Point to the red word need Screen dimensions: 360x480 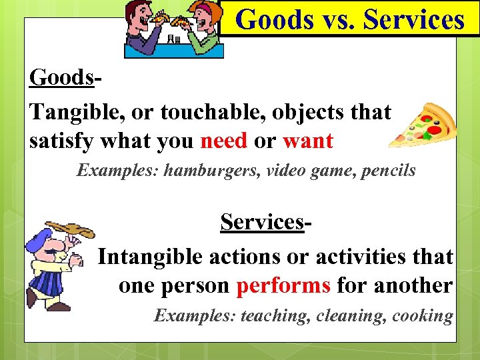pyautogui.click(x=223, y=141)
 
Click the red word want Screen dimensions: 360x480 pyautogui.click(x=307, y=141)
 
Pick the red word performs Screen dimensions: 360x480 pyautogui.click(x=284, y=285)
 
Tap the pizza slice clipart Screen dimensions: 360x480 pyautogui.click(x=423, y=125)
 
